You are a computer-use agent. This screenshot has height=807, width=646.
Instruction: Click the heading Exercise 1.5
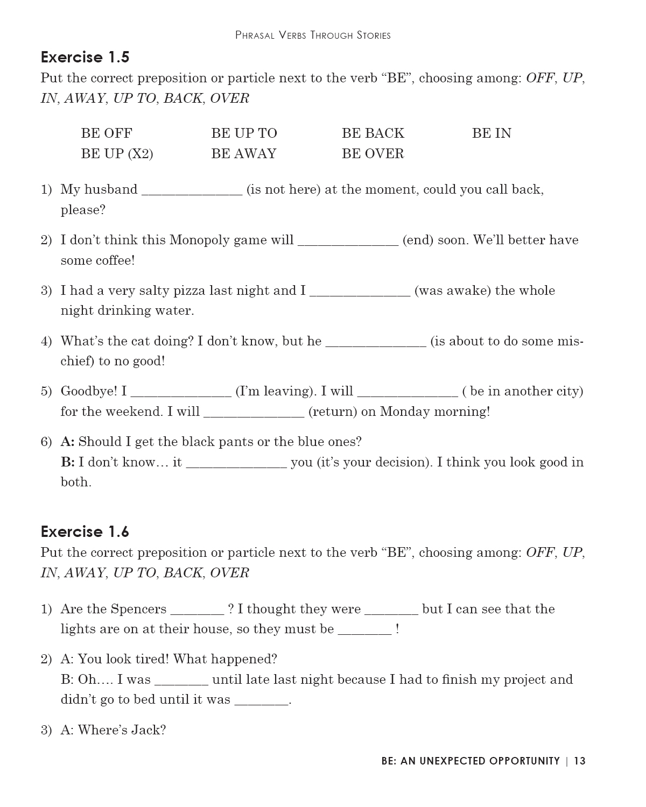point(85,57)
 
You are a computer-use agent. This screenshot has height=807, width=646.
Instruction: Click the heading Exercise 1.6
point(85,532)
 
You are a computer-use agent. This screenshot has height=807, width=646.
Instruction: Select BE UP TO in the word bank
point(244,133)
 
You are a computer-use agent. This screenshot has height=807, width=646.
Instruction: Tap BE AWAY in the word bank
point(243,154)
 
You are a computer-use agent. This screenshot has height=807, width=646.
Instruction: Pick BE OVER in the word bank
point(373,154)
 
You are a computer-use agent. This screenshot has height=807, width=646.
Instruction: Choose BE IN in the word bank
point(491,133)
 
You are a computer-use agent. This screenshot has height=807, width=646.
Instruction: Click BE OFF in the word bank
point(107,133)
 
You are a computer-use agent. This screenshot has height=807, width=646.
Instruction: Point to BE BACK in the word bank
point(373,133)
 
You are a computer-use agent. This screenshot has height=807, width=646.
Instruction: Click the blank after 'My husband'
point(192,192)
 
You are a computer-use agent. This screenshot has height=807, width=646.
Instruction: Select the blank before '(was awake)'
point(360,293)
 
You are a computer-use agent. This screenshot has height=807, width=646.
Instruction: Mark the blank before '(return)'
point(254,414)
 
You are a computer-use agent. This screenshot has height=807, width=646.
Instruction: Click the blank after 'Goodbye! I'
point(181,393)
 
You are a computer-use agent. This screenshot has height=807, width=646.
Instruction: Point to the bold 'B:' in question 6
point(67,462)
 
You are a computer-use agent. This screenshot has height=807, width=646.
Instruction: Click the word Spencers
point(139,609)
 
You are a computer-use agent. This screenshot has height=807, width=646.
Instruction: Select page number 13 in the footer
point(579,761)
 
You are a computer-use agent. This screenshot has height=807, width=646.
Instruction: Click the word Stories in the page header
point(373,36)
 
